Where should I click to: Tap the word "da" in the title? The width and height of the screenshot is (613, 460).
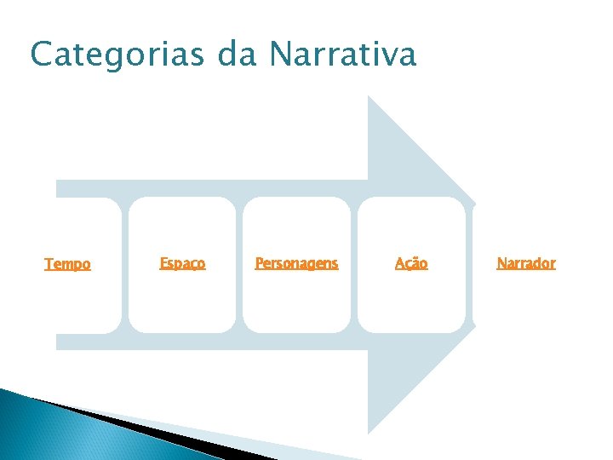pos(238,55)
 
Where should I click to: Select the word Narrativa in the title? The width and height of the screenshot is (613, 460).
pos(342,55)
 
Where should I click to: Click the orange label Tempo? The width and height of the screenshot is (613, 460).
pos(67,264)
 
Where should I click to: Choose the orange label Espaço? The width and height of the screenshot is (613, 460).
pos(182,263)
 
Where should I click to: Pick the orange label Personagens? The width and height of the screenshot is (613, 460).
pos(296,263)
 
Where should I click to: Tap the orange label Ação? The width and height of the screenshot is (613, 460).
pos(411,263)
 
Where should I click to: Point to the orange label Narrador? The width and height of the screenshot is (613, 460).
pos(525,263)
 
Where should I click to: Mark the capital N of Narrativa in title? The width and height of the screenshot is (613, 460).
pos(281,55)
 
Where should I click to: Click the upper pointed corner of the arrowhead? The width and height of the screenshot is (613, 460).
pos(369,98)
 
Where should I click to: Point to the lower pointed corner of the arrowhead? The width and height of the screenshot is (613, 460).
pos(369,432)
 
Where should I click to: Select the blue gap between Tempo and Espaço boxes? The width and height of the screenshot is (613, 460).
pos(124,264)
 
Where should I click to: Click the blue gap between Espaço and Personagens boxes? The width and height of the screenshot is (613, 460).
pos(239,264)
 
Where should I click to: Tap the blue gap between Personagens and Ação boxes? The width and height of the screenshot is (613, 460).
pos(353,264)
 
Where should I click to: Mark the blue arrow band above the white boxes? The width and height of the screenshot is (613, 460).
pos(213,187)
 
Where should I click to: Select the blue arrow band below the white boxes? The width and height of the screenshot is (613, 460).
pos(213,342)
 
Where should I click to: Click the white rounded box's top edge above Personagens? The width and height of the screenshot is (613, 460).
pos(296,198)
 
